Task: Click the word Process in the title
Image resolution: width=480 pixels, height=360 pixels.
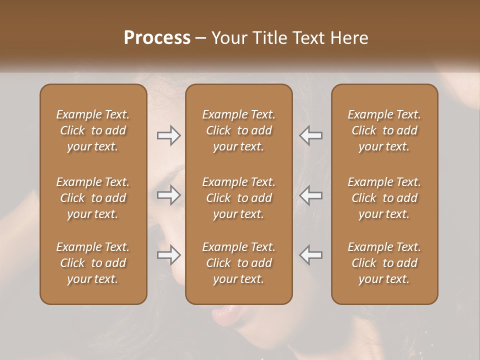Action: [x=157, y=38]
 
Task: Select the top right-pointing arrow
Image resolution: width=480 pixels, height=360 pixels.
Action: [x=169, y=135]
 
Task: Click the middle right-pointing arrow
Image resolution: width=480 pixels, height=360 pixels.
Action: [x=169, y=195]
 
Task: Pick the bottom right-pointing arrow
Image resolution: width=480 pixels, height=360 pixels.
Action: [x=169, y=255]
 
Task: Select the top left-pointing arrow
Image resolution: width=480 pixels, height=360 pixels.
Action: [x=310, y=135]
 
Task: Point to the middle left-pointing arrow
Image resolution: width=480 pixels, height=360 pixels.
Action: [x=310, y=195]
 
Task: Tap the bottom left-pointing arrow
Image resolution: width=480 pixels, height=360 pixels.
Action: [x=310, y=255]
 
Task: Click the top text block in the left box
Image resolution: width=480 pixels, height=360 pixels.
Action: [x=93, y=130]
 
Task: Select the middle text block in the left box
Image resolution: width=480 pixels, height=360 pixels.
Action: [x=93, y=198]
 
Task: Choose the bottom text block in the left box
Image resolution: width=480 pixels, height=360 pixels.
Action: [x=93, y=263]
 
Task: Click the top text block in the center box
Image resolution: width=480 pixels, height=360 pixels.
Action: [x=238, y=130]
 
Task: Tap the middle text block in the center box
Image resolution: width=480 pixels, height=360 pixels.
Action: [x=238, y=198]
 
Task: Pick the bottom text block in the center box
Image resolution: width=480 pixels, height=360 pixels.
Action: [x=238, y=263]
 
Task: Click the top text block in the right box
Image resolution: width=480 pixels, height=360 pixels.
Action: [x=384, y=130]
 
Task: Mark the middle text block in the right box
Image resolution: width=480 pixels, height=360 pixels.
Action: [x=384, y=198]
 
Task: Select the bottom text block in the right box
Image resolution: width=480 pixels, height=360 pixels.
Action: [x=384, y=263]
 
